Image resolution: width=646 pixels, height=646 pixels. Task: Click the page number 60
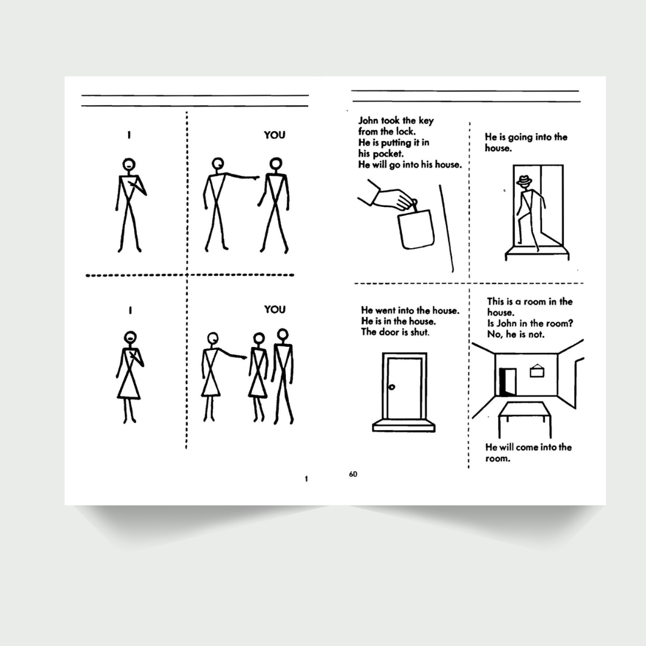(353, 474)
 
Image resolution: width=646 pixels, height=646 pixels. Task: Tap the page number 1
(306, 479)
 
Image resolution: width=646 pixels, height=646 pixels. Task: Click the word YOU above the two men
(275, 135)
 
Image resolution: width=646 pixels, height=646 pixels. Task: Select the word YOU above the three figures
(275, 309)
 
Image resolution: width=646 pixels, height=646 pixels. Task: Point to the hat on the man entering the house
(524, 181)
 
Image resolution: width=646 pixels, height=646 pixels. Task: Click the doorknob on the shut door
(391, 387)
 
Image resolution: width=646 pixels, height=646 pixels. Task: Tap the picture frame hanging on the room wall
(537, 371)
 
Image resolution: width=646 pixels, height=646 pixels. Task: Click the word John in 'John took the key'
(368, 121)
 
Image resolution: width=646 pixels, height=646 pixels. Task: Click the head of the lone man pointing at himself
(129, 164)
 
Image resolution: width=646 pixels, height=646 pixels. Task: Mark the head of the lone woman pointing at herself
(130, 337)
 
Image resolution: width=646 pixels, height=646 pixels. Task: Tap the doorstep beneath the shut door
(403, 426)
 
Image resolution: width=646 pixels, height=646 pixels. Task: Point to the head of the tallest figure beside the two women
(282, 334)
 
